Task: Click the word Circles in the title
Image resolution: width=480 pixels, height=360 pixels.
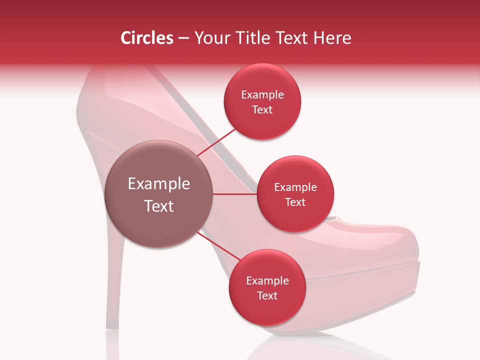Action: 146,38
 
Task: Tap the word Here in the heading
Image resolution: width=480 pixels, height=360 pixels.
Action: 333,38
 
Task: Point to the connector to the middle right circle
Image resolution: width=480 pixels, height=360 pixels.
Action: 235,194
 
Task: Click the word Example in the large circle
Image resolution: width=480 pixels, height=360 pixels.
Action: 159,184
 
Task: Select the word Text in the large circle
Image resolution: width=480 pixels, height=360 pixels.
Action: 159,206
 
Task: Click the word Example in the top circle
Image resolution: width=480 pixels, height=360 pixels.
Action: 262,95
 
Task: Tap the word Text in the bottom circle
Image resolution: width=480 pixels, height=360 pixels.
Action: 267,295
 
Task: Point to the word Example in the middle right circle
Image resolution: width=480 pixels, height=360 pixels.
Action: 295,187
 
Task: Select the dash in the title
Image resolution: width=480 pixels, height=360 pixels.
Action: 183,38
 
